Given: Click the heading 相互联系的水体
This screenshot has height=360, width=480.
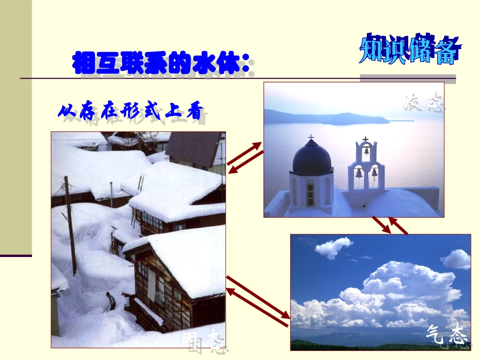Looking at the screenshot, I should click(x=161, y=63).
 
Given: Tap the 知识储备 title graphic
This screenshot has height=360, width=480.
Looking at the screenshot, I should click(x=410, y=49).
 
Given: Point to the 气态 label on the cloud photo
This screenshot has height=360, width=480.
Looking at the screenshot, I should click(x=446, y=334).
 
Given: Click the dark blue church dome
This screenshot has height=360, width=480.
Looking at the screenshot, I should click(x=312, y=159).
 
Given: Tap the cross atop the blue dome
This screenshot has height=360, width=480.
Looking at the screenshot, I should click(x=311, y=137).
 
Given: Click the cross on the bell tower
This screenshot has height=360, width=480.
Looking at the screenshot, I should click(x=365, y=139).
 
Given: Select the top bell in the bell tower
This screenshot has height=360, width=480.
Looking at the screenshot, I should click(x=366, y=151).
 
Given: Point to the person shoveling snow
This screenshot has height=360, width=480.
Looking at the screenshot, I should click(x=110, y=301).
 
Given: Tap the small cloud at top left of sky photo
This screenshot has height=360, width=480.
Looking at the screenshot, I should click(x=333, y=247).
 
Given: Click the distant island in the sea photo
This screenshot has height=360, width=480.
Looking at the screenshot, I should click(x=328, y=118).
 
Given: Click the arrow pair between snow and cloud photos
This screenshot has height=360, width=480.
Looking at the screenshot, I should click(x=258, y=298).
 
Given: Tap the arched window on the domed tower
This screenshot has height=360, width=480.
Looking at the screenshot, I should click(x=310, y=193).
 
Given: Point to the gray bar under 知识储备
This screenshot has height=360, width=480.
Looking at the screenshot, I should click(x=408, y=78).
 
